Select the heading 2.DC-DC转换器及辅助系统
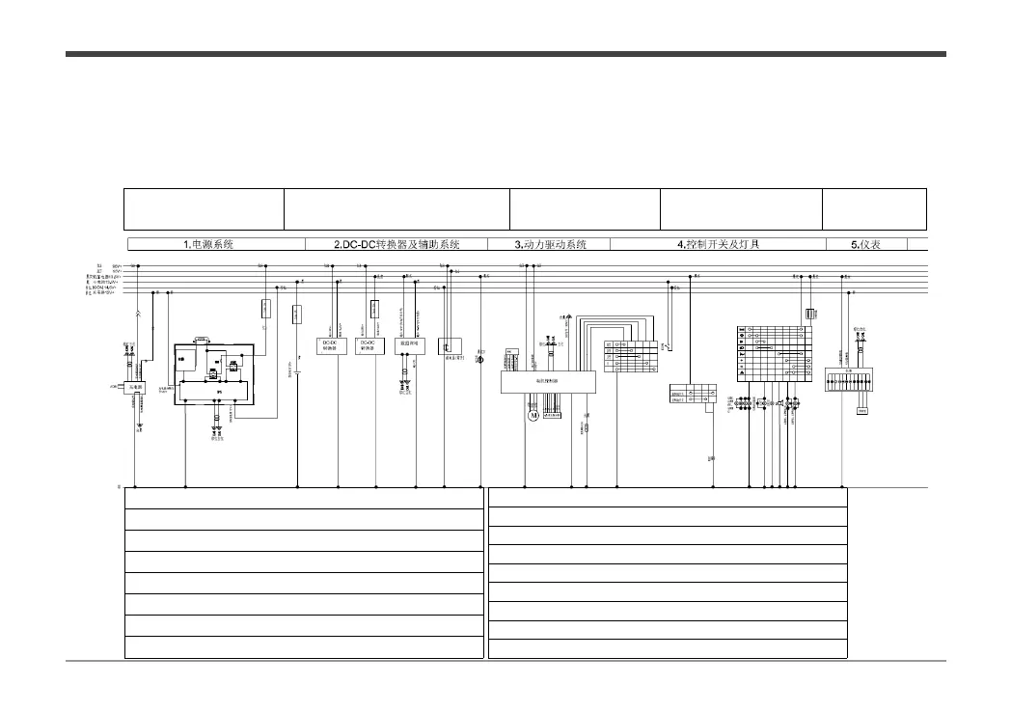click(396, 244)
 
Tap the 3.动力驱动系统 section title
click(550, 244)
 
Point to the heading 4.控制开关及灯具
click(718, 244)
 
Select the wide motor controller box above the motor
click(548, 382)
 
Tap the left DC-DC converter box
click(330, 344)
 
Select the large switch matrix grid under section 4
click(772, 353)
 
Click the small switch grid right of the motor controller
click(631, 357)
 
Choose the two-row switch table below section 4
click(693, 394)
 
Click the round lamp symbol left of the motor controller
click(481, 358)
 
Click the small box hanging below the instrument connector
click(862, 410)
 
